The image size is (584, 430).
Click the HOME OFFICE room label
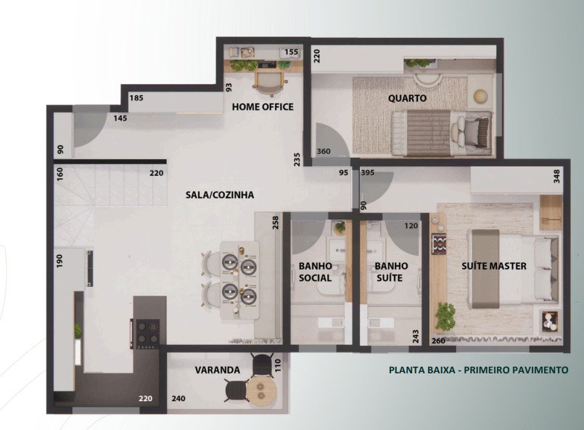click(263, 107)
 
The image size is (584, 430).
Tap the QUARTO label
click(407, 99)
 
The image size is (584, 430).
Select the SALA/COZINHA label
click(220, 195)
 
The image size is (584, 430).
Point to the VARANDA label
click(218, 370)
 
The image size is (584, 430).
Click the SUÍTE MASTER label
click(494, 266)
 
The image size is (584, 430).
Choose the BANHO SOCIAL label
click(315, 272)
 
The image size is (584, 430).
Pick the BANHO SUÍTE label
click(391, 272)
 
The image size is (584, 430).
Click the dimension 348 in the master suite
click(557, 177)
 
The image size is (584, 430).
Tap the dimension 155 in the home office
click(291, 52)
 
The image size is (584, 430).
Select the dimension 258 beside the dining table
click(276, 223)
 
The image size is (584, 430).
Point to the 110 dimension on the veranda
click(277, 365)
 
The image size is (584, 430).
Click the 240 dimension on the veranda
click(178, 399)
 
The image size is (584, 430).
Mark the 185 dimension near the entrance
click(136, 98)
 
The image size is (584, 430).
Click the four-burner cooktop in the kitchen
click(147, 333)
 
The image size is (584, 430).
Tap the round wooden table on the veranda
click(261, 391)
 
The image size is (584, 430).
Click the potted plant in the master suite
click(445, 315)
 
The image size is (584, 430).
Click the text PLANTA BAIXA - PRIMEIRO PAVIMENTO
click(479, 370)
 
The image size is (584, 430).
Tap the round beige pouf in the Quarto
click(481, 97)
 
